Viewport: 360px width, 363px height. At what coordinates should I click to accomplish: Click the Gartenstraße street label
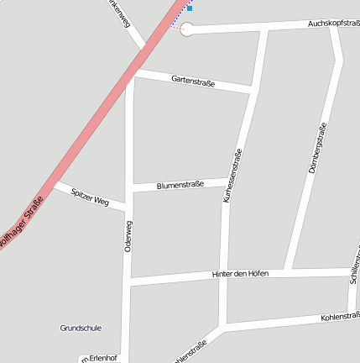tap(193, 82)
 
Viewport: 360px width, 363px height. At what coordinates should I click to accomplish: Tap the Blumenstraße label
tap(180, 185)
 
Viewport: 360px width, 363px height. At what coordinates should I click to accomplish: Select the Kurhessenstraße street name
tap(232, 176)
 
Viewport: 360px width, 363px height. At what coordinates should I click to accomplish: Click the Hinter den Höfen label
tap(240, 275)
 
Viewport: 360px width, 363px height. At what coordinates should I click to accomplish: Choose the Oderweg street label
tap(128, 237)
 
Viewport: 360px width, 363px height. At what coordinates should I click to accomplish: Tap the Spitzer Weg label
tap(90, 197)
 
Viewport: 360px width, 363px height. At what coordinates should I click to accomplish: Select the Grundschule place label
tap(81, 328)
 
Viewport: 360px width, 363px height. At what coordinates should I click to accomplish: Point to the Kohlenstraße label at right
tap(340, 316)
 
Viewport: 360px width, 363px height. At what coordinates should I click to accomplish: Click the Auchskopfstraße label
tap(333, 24)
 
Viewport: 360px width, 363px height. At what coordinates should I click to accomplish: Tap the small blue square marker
tap(189, 8)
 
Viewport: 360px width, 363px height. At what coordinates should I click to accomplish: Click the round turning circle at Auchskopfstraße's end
tap(187, 30)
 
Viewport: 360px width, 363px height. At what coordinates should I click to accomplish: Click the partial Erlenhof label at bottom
tap(99, 359)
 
